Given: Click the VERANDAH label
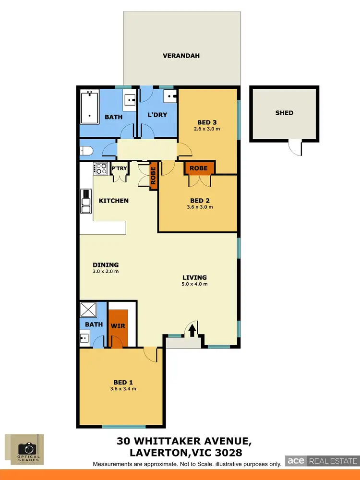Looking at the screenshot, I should [x=181, y=56].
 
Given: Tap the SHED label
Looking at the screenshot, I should [x=284, y=113].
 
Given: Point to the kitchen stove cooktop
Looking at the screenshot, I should [x=101, y=168].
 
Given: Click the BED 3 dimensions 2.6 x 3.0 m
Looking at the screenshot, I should [x=207, y=129].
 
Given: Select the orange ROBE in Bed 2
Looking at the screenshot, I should [x=199, y=168].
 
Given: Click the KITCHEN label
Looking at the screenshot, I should [x=114, y=200].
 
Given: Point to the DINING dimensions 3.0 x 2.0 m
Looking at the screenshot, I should [x=105, y=271].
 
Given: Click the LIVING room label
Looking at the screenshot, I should [x=194, y=277].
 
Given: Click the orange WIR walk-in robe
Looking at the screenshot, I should [x=118, y=326].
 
